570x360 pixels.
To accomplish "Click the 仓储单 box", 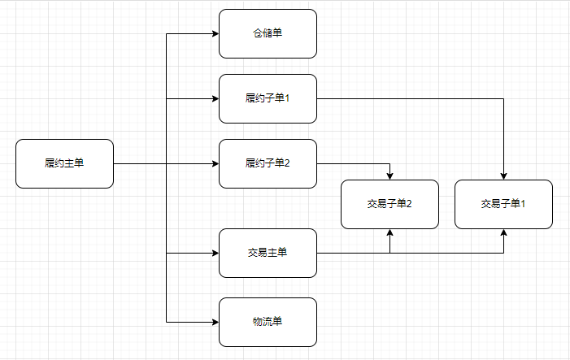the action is [x=268, y=34].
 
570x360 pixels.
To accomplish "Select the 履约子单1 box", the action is [x=268, y=99].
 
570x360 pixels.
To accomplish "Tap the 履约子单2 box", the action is [x=268, y=164].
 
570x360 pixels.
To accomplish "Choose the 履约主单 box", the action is [x=65, y=164].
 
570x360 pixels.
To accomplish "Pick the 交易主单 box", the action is [x=268, y=254].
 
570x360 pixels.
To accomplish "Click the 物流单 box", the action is [x=268, y=323].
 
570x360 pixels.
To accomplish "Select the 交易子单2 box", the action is [x=389, y=205].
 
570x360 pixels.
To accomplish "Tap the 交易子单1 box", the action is [x=503, y=205].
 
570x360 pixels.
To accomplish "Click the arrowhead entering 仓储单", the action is [x=215, y=34].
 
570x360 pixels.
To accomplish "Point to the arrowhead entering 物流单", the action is [x=215, y=323].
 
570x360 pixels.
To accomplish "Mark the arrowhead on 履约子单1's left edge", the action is [x=215, y=99].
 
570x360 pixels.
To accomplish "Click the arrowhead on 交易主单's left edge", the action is [x=215, y=254].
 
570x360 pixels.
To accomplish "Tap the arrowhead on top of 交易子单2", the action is [x=389, y=176].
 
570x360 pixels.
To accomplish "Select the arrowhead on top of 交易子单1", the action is [x=503, y=176].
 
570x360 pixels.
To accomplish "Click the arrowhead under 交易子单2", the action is [x=389, y=232].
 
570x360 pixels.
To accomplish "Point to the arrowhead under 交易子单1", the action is [x=503, y=232].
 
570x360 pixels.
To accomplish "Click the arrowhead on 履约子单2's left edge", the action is [x=215, y=164].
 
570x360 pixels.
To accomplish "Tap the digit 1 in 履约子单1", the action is [x=287, y=98].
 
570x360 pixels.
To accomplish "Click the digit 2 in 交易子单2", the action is [x=409, y=204].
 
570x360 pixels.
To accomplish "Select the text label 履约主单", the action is [x=64, y=163].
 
